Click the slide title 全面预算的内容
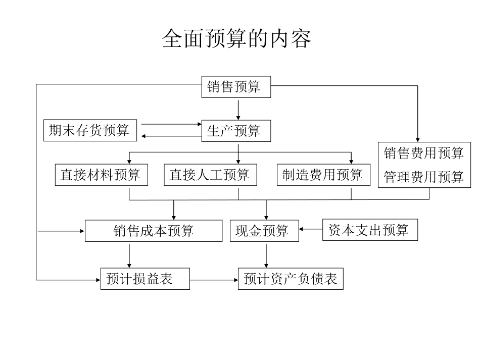236,39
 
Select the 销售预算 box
236,87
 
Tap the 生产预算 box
236,131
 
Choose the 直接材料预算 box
101,175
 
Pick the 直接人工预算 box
210,175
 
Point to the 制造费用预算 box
323,175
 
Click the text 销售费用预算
423,153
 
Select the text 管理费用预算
423,177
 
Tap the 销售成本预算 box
154,231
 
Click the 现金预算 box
263,231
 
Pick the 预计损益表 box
145,279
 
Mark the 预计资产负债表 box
291,279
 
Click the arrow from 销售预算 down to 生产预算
238,109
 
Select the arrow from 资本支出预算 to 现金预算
311,230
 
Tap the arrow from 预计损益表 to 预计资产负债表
214,279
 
